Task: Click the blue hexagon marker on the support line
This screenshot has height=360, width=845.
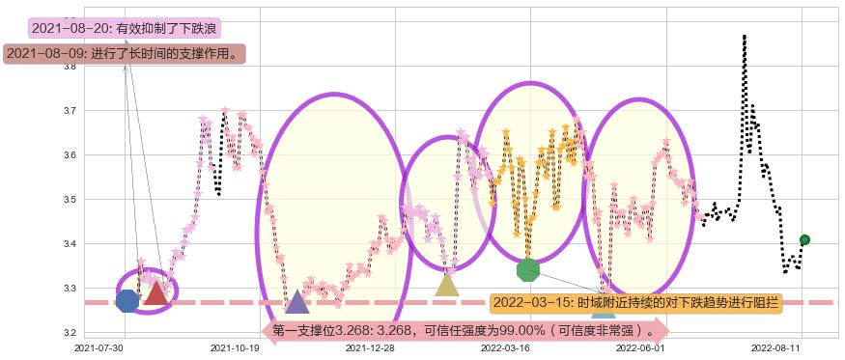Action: tap(127, 301)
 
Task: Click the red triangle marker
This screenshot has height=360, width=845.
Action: tap(155, 292)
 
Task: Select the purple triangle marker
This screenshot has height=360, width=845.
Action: tap(297, 302)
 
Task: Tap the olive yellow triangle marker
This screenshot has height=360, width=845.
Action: tap(447, 284)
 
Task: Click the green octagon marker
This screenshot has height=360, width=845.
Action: tap(527, 269)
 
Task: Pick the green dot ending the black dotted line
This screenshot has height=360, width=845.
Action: tap(804, 239)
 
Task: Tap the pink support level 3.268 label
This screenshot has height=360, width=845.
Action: tap(468, 331)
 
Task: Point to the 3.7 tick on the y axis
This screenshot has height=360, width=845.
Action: tap(70, 111)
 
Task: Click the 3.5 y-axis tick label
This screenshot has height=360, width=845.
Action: tap(70, 200)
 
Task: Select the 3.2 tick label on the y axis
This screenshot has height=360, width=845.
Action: tap(70, 333)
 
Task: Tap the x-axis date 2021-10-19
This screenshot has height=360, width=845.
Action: tap(236, 347)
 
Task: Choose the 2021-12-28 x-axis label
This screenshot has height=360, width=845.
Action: tap(370, 347)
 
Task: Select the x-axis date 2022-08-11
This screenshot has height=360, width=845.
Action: tap(778, 347)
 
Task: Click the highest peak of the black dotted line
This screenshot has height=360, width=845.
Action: tap(744, 36)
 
